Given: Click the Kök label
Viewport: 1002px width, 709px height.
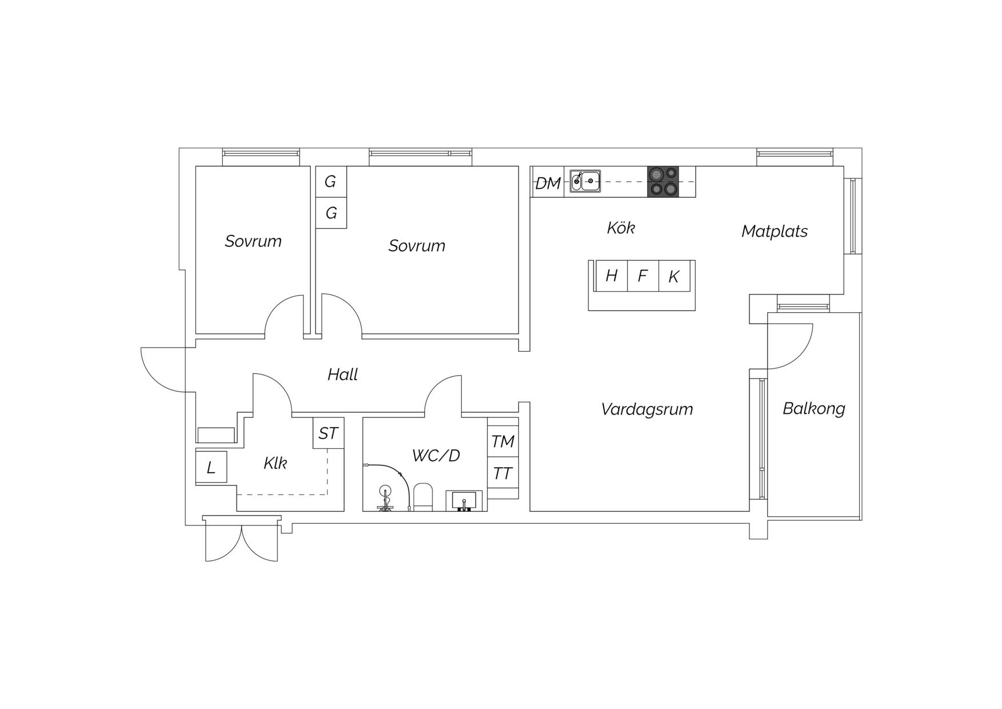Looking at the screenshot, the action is coord(620,228).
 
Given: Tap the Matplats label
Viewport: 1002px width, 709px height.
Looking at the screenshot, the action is coord(774,231).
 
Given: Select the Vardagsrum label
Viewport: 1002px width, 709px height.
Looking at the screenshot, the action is coord(647,409).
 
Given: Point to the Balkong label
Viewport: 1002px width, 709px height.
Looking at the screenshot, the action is coord(813,408).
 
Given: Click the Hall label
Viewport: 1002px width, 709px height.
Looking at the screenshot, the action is coord(342,375).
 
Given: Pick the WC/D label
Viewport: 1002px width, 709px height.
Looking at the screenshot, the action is coord(436,455).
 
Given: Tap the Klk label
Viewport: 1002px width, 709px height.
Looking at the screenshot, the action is coord(275,463).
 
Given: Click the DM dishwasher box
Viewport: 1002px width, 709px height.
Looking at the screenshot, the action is coord(547,182).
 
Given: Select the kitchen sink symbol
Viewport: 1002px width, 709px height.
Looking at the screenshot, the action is coord(585,181).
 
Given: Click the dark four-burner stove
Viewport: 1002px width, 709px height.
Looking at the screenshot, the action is coord(663,182).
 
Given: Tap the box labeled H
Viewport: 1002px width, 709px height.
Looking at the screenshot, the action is coord(611,276).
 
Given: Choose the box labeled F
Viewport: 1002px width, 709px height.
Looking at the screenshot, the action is coord(643,276).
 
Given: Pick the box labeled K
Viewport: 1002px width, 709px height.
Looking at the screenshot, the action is coord(675,276).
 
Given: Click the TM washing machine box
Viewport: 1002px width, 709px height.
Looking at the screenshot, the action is coord(503,441).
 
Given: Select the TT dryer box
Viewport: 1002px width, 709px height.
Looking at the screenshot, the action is coord(503,472).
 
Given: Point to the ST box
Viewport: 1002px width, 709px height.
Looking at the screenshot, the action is coord(328,433).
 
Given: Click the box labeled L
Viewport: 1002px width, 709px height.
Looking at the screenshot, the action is coord(211,467).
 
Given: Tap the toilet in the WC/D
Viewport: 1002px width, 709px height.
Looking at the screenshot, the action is coord(423,497).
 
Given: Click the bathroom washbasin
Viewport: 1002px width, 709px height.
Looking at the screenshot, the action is coord(464,501).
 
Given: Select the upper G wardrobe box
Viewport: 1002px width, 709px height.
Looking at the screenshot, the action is coord(331,182).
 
